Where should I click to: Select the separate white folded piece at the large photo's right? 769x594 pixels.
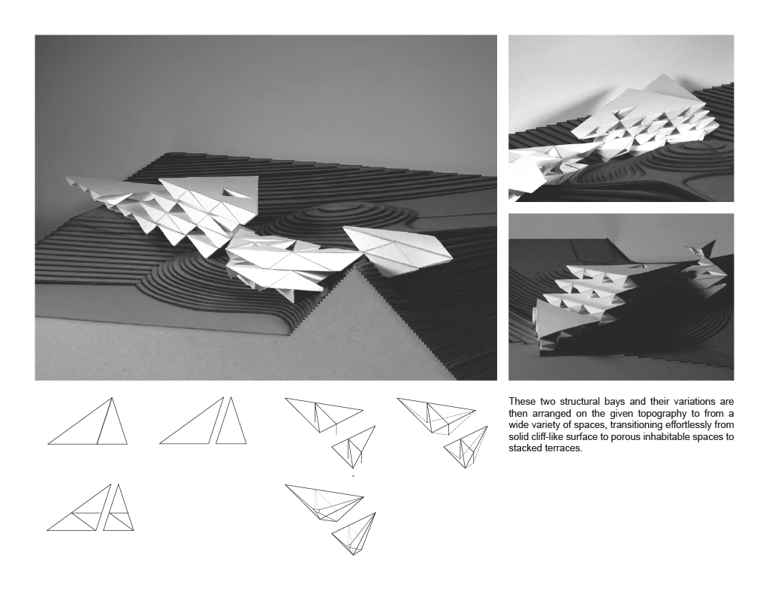pyautogui.click(x=397, y=250)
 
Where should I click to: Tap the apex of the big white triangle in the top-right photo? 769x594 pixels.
pyautogui.click(x=664, y=74)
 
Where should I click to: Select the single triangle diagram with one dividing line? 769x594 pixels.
pyautogui.click(x=88, y=421)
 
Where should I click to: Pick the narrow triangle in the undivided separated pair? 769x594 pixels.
pyautogui.click(x=231, y=421)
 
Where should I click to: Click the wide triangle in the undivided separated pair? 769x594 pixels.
pyautogui.click(x=192, y=421)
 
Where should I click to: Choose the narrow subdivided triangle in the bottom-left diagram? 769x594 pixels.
pyautogui.click(x=118, y=508)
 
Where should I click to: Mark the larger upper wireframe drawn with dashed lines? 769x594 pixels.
pyautogui.click(x=436, y=416)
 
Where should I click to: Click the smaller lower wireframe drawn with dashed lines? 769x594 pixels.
pyautogui.click(x=466, y=447)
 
